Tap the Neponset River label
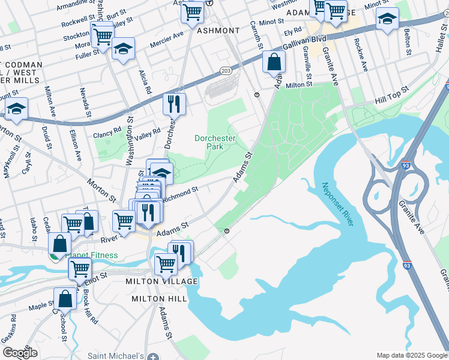pos(337,205)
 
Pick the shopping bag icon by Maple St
pos(65,298)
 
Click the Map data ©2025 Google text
pos(411,355)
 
